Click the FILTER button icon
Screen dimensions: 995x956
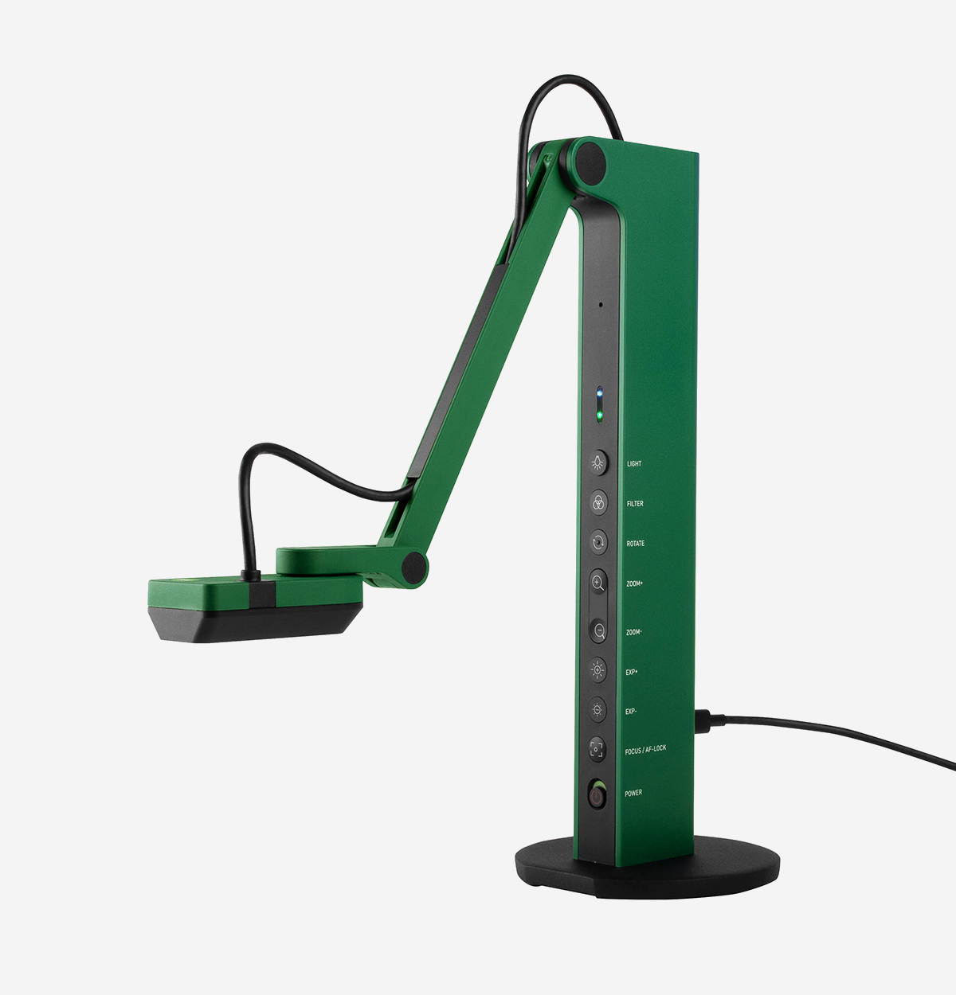(x=598, y=502)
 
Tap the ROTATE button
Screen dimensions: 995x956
(x=598, y=543)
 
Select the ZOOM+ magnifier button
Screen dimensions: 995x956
(x=598, y=583)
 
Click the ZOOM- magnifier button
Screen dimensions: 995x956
(x=598, y=630)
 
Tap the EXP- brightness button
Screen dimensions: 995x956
(x=598, y=708)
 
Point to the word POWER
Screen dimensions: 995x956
(x=633, y=793)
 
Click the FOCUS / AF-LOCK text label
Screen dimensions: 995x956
(x=645, y=748)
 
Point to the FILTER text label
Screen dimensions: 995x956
(x=635, y=503)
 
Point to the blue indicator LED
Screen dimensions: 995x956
(x=600, y=393)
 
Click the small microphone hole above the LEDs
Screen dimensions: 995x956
(x=601, y=303)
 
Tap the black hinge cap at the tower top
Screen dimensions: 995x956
(x=590, y=159)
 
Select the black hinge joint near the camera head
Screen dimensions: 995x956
(x=413, y=567)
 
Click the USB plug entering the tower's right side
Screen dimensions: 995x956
(x=708, y=722)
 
